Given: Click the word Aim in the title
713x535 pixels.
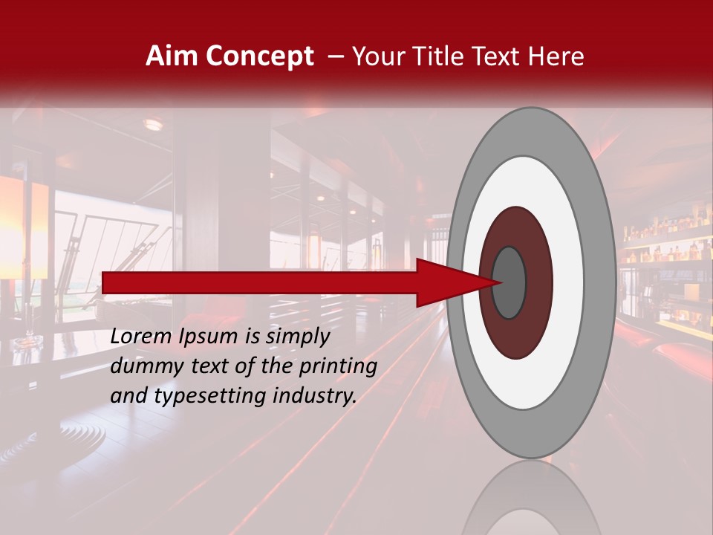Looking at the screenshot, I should click(x=172, y=56).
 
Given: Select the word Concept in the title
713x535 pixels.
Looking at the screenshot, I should click(x=260, y=56).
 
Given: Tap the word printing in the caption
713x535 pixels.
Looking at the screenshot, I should click(x=337, y=366).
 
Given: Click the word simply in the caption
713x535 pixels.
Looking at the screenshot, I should click(x=297, y=337).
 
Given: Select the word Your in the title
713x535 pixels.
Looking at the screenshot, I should click(x=377, y=56).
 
